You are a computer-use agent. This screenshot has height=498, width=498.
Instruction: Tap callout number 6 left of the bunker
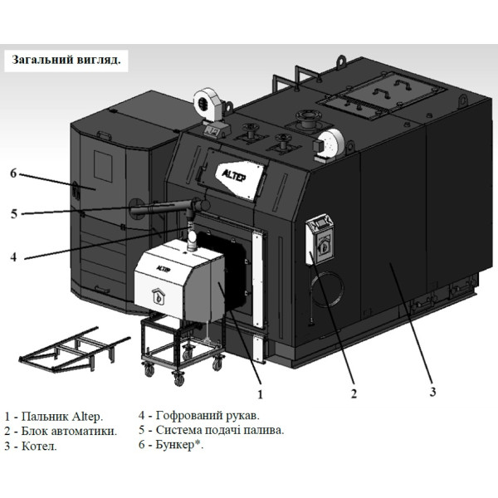[13, 173]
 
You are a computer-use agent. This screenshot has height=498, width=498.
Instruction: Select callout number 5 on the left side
[13, 213]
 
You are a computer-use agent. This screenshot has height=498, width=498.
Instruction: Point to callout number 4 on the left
[13, 256]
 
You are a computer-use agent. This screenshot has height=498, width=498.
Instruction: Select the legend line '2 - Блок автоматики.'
[61, 431]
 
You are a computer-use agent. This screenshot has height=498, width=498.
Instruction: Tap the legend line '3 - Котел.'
[32, 446]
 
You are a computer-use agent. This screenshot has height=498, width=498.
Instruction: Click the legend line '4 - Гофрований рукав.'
[198, 415]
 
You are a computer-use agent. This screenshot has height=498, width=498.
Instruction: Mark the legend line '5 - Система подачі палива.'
[211, 430]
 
